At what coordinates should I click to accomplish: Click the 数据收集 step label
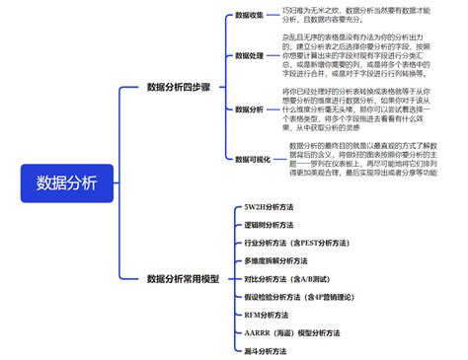(x=250, y=16)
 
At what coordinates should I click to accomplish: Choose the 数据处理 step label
(x=250, y=56)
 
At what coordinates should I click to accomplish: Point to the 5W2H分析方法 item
(x=267, y=206)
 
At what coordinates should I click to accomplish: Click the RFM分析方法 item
(x=266, y=314)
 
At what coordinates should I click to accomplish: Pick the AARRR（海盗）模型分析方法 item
(x=293, y=332)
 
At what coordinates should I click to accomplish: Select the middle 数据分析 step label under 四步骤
(x=250, y=108)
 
